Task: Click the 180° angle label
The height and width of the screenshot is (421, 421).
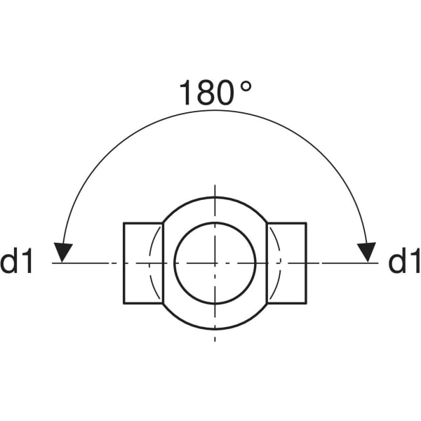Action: pyautogui.click(x=214, y=93)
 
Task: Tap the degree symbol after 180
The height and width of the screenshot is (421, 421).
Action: pyautogui.click(x=246, y=86)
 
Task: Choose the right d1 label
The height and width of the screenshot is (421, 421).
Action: pyautogui.click(x=403, y=262)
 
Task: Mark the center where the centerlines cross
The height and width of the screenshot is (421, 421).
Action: pyautogui.click(x=215, y=263)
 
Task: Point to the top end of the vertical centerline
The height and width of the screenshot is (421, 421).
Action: pyautogui.click(x=215, y=187)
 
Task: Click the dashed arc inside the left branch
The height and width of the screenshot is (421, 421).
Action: pyautogui.click(x=150, y=263)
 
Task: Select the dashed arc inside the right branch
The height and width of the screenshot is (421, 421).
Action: pyautogui.click(x=279, y=263)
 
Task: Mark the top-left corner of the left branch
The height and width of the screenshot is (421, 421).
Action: pyautogui.click(x=124, y=223)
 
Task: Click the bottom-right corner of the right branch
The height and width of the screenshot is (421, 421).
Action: pyautogui.click(x=306, y=303)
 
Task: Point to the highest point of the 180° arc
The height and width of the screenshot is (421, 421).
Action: pyautogui.click(x=215, y=109)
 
